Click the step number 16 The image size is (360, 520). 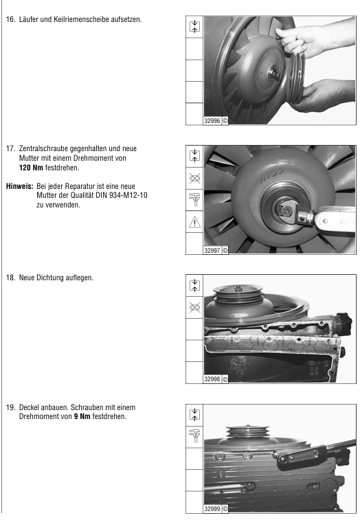click(x=10, y=19)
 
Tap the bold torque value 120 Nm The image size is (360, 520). click(x=31, y=168)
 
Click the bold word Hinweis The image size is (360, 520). click(x=19, y=186)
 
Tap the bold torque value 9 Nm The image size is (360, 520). click(x=82, y=416)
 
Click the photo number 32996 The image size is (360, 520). click(x=212, y=121)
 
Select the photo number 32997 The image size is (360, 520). click(x=212, y=251)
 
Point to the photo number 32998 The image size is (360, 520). click(x=212, y=379)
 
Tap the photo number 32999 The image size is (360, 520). click(x=212, y=509)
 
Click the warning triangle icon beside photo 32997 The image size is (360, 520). click(x=194, y=222)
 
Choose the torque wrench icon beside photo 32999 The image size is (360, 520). click(x=194, y=436)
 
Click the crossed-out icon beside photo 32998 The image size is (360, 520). click(x=194, y=308)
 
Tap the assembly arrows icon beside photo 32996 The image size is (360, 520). click(x=194, y=27)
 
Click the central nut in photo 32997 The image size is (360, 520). click(x=284, y=210)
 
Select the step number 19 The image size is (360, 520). click(x=10, y=407)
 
